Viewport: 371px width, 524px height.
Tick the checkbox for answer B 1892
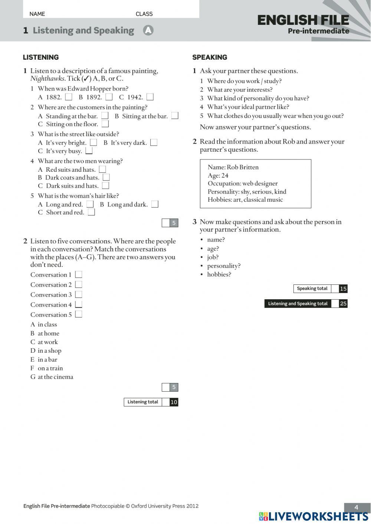click(109, 97)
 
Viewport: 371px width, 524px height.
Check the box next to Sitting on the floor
click(105, 124)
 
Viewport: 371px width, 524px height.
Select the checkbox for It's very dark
click(154, 142)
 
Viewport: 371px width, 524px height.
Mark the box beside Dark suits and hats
click(105, 185)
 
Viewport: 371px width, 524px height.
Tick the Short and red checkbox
click(91, 212)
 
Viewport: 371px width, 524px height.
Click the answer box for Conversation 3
click(78, 294)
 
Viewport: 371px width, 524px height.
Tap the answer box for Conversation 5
click(78, 314)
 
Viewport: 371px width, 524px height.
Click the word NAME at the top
click(37, 14)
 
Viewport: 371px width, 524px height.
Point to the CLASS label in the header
click(144, 14)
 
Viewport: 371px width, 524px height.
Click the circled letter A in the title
click(148, 30)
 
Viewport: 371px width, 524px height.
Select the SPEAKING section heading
click(210, 57)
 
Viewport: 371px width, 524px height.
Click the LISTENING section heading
click(41, 57)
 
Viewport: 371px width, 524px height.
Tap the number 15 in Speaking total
click(343, 289)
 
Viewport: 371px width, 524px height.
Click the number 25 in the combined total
click(343, 304)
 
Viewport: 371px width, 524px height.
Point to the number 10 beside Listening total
click(174, 402)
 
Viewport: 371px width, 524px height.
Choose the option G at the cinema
click(52, 377)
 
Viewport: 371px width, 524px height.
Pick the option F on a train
click(47, 368)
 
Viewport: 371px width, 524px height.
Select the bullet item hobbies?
click(219, 274)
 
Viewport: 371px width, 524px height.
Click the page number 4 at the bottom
click(357, 507)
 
